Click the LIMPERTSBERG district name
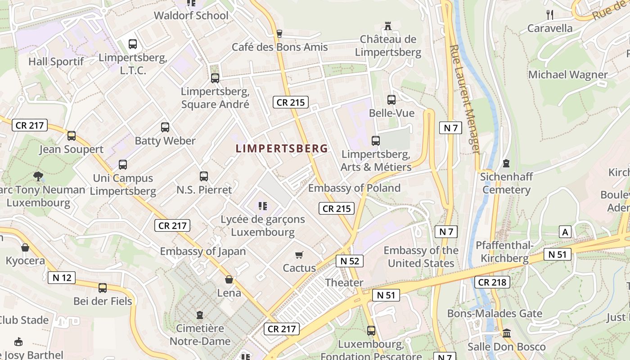pyautogui.click(x=282, y=148)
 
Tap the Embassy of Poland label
pyautogui.click(x=354, y=188)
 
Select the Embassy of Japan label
pyautogui.click(x=203, y=252)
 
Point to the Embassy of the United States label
pyautogui.click(x=421, y=256)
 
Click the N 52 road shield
pyautogui.click(x=349, y=261)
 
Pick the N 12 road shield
pyautogui.click(x=62, y=277)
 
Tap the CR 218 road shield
pyautogui.click(x=492, y=283)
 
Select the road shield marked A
pyautogui.click(x=565, y=232)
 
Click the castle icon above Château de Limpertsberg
pyautogui.click(x=388, y=26)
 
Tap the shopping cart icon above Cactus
pyautogui.click(x=299, y=255)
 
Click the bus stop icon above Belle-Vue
pyautogui.click(x=391, y=100)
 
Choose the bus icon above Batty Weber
pyautogui.click(x=165, y=127)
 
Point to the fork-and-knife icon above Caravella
pyautogui.click(x=549, y=14)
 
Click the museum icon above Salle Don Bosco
pyautogui.click(x=507, y=333)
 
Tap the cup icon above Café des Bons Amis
pyautogui.click(x=279, y=33)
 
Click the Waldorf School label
pyautogui.click(x=191, y=16)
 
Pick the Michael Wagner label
pyautogui.click(x=568, y=75)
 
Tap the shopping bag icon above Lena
pyautogui.click(x=229, y=280)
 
